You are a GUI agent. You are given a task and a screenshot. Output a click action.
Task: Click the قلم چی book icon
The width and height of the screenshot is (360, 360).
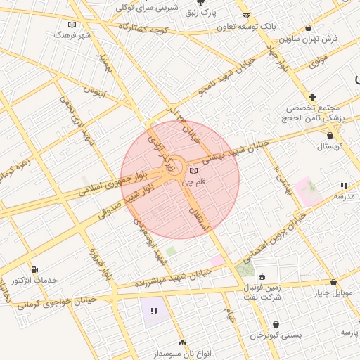tap(194, 171)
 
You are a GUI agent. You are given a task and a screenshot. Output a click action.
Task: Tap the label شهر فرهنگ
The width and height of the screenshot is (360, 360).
tap(75, 34)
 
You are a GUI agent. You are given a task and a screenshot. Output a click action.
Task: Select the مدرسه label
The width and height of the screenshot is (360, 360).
tap(344, 197)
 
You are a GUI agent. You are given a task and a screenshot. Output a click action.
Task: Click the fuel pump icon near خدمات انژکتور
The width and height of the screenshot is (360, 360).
tap(34, 269)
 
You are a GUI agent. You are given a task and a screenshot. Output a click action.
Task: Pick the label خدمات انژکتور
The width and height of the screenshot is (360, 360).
tap(34, 281)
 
